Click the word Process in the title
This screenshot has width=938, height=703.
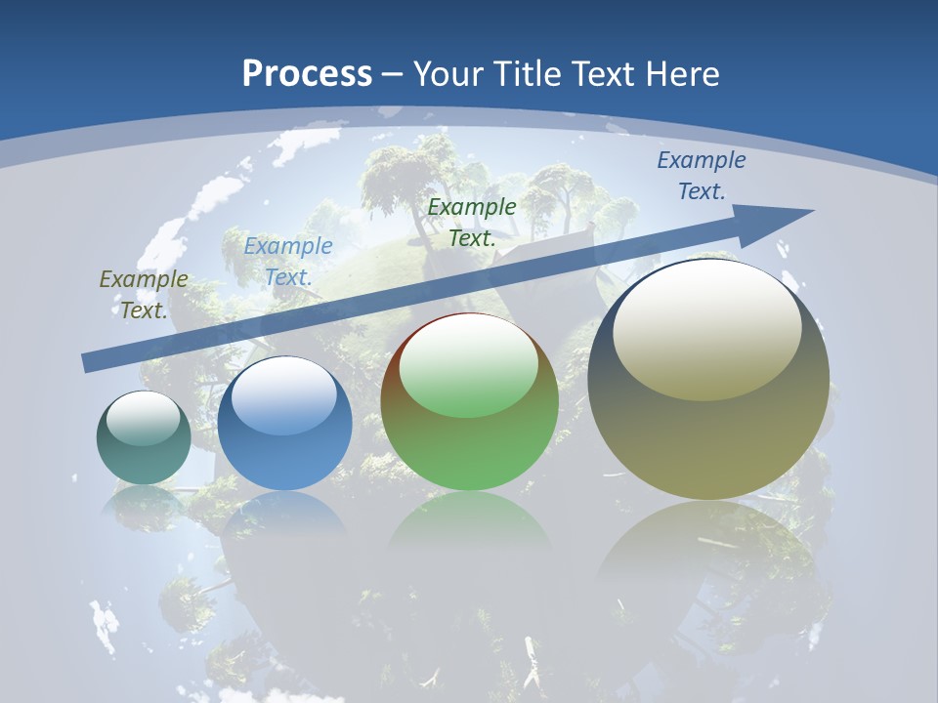(307, 74)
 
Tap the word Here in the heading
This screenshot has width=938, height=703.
(685, 74)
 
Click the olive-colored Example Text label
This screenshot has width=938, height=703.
(144, 294)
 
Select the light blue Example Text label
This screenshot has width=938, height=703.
(287, 261)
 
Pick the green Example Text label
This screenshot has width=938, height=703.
(472, 222)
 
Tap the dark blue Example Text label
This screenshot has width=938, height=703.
(701, 176)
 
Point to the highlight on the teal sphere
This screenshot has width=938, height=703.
(143, 418)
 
